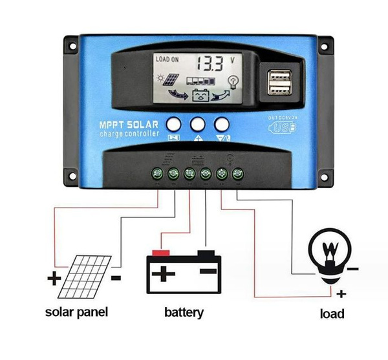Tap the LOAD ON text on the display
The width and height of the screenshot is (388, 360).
click(x=168, y=59)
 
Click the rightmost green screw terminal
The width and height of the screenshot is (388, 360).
click(x=237, y=173)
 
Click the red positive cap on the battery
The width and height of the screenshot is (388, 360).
click(x=162, y=252)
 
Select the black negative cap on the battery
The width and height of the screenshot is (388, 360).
click(x=206, y=252)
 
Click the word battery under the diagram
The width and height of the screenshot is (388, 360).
click(x=184, y=313)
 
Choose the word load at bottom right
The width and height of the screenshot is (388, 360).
click(x=332, y=315)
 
